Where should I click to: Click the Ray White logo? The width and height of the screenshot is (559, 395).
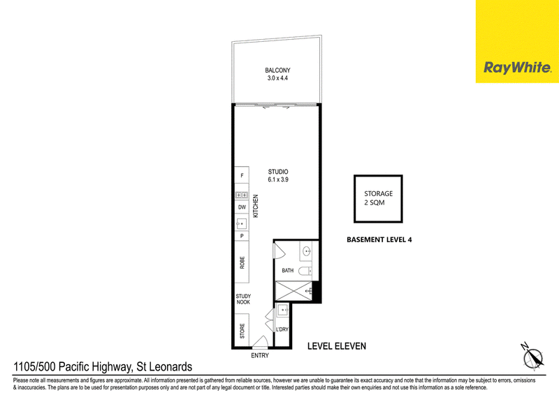click(517, 67)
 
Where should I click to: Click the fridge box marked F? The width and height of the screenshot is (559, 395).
click(242, 175)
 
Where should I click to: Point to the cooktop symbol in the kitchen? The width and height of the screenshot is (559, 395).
click(242, 195)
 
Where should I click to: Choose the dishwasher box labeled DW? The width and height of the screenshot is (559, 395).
click(242, 207)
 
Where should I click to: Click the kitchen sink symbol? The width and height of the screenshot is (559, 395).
click(241, 223)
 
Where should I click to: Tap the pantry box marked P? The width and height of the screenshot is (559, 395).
click(242, 236)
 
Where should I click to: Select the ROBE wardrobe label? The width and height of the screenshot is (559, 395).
click(242, 262)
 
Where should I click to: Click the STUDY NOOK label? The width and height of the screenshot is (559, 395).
click(243, 299)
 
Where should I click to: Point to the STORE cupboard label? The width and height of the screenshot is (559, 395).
click(242, 331)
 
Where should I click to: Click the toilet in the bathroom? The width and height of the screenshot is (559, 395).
click(305, 271)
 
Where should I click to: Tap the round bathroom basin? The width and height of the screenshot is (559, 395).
click(307, 252)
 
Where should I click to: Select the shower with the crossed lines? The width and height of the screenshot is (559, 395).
click(294, 291)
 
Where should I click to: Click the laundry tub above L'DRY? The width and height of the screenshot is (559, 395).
click(283, 311)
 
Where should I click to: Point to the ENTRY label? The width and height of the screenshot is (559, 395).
click(260, 355)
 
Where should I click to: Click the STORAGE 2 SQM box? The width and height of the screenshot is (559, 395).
click(378, 199)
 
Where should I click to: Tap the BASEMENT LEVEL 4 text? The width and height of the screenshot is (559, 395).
click(379, 239)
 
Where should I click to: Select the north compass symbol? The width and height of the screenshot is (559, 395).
click(533, 355)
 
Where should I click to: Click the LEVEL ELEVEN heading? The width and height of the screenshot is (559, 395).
click(337, 346)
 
